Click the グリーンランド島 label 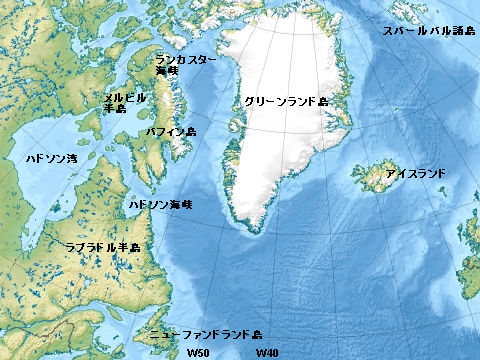coord(286,102)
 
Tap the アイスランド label coord(415,174)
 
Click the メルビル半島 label coord(125,103)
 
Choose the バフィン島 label coord(171,131)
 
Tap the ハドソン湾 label coord(50,158)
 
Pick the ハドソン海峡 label coord(160,204)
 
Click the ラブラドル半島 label coord(102,245)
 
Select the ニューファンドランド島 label coord(204,334)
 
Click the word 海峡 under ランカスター coord(167,71)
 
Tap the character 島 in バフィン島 coord(190,131)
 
